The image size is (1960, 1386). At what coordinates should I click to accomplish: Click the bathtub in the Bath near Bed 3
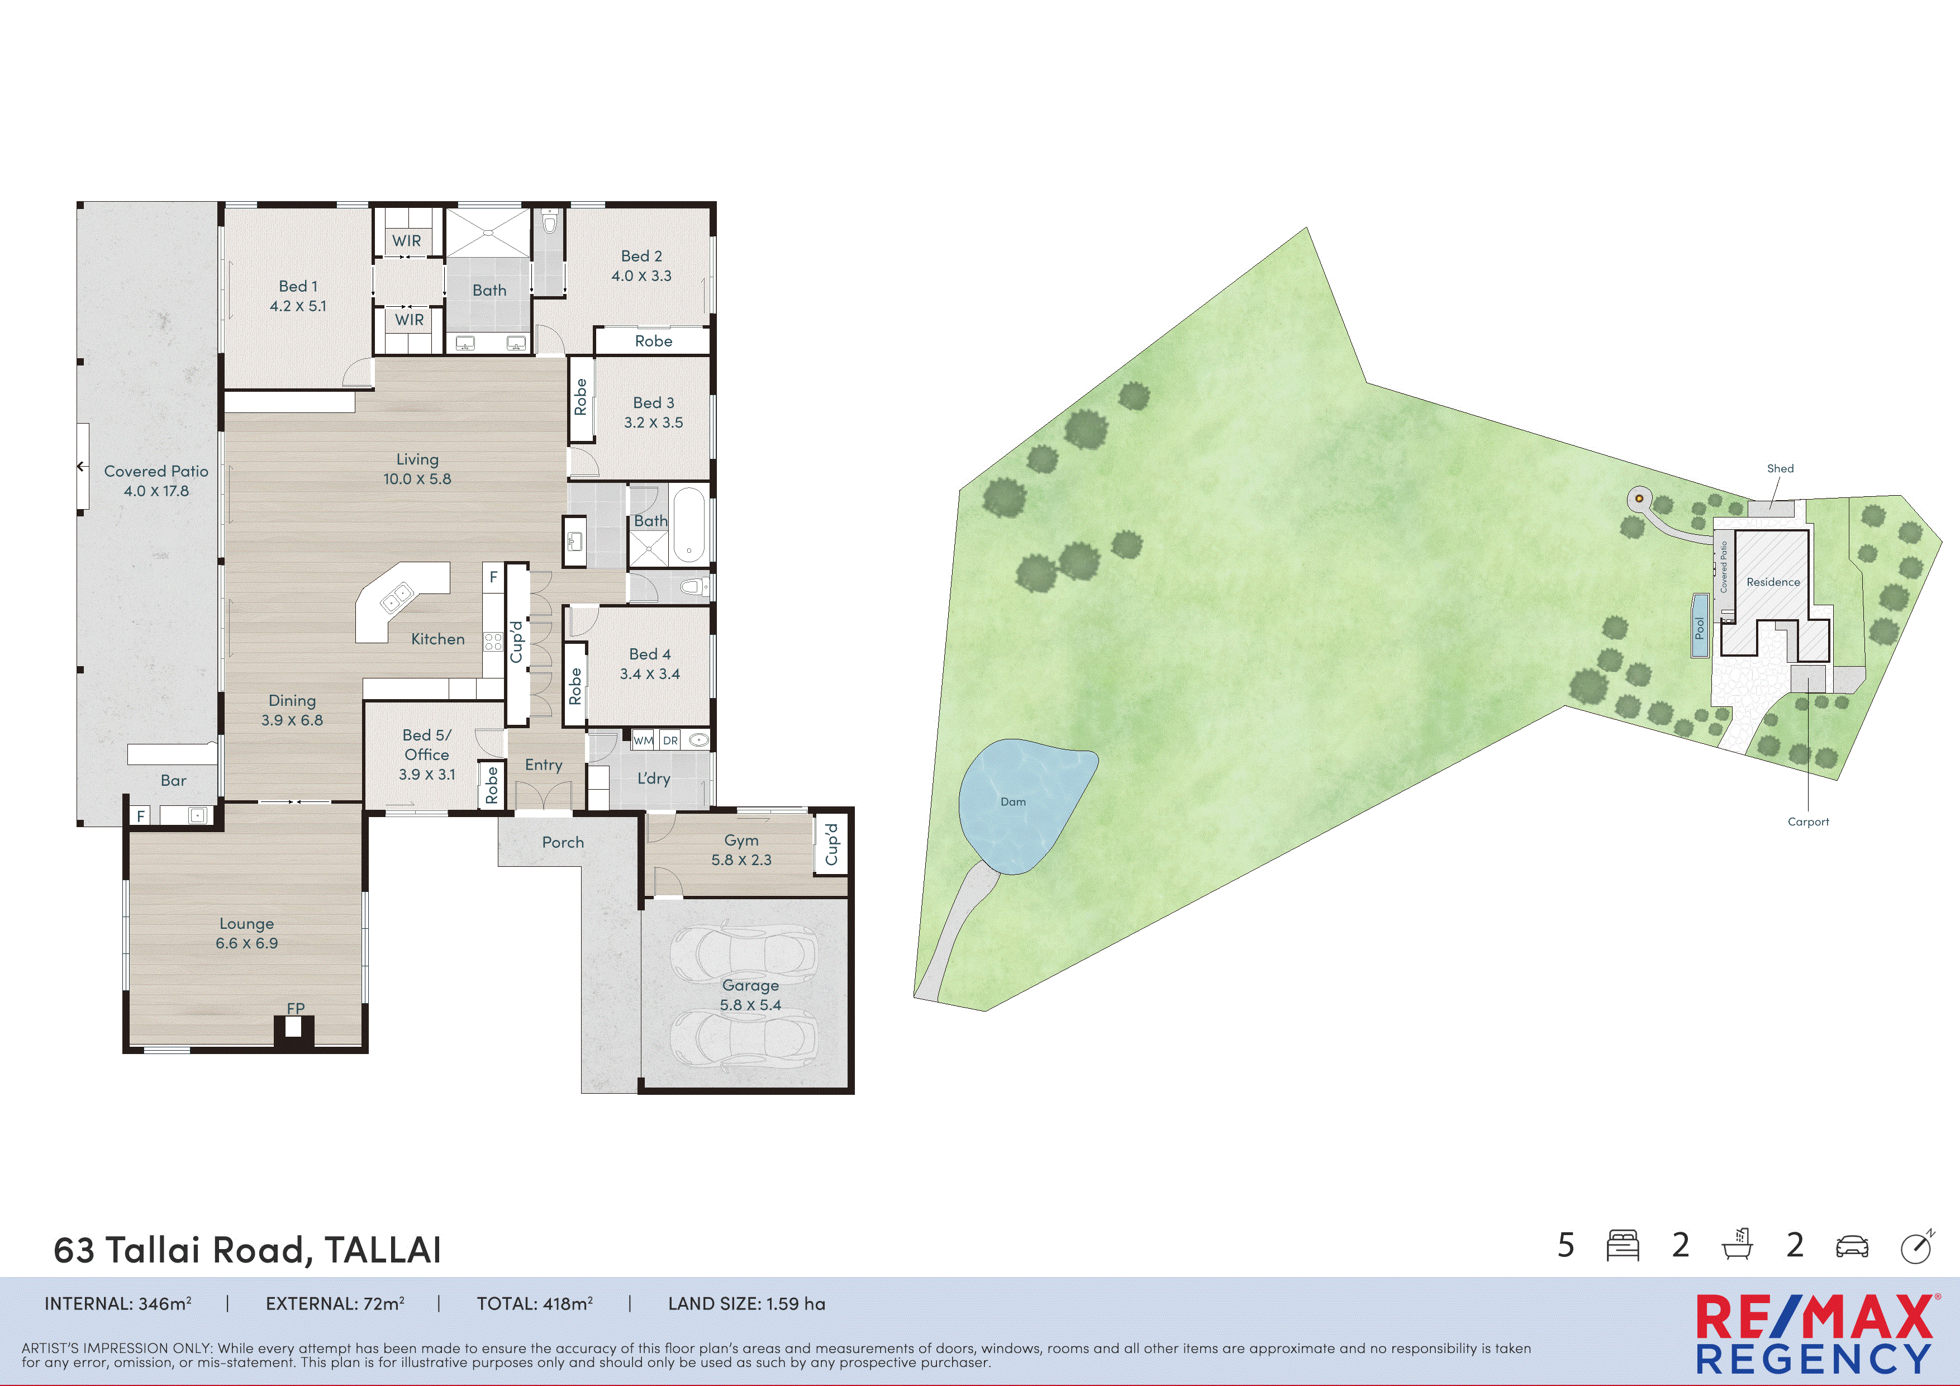[689, 524]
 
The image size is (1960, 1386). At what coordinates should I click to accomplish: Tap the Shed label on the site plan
[1780, 468]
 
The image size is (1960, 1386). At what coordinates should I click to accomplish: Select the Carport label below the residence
[1808, 822]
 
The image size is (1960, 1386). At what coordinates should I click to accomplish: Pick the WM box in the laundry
[643, 741]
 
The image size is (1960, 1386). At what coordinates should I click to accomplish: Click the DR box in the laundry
[670, 741]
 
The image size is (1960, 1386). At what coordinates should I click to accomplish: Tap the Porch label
[563, 842]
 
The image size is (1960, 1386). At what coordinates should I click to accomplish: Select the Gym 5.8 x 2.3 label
[741, 849]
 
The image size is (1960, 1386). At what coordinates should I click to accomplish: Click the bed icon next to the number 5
[1622, 1246]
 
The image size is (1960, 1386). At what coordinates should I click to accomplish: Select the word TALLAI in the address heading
[382, 1250]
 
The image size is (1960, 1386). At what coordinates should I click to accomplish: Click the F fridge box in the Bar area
[141, 815]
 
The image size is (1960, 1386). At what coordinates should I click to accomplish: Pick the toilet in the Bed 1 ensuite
[550, 224]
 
